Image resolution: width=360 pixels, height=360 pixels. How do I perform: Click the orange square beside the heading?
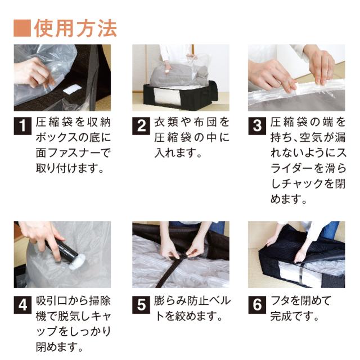pyautogui.click(x=22, y=28)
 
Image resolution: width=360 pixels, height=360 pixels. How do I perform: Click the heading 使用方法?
pyautogui.click(x=75, y=29)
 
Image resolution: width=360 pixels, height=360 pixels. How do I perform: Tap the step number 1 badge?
pyautogui.click(x=22, y=126)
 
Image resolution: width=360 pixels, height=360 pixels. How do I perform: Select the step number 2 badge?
pyautogui.click(x=141, y=126)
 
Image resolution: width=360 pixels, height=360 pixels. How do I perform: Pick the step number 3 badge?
pyautogui.click(x=257, y=126)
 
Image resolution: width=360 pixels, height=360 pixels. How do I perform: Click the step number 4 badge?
pyautogui.click(x=22, y=305)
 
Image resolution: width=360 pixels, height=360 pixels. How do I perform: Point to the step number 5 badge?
pyautogui.click(x=141, y=305)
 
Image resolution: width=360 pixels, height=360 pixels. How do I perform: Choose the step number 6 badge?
pyautogui.click(x=257, y=305)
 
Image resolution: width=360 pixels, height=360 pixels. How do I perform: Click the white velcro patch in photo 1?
pyautogui.click(x=73, y=89)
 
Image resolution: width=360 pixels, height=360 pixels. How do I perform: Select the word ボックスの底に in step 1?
pyautogui.click(x=73, y=137)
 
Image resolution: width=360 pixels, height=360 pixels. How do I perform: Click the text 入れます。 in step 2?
pyautogui.click(x=178, y=153)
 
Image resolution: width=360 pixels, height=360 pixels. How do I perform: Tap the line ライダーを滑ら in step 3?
pyautogui.click(x=308, y=168)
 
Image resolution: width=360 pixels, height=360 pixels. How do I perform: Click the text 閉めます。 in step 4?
pyautogui.click(x=59, y=346)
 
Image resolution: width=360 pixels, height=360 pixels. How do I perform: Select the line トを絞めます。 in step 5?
pyautogui.click(x=189, y=316)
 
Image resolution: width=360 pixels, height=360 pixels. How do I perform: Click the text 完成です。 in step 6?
pyautogui.click(x=295, y=316)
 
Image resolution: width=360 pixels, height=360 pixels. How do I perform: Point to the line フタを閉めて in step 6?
pyautogui.click(x=301, y=301)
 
